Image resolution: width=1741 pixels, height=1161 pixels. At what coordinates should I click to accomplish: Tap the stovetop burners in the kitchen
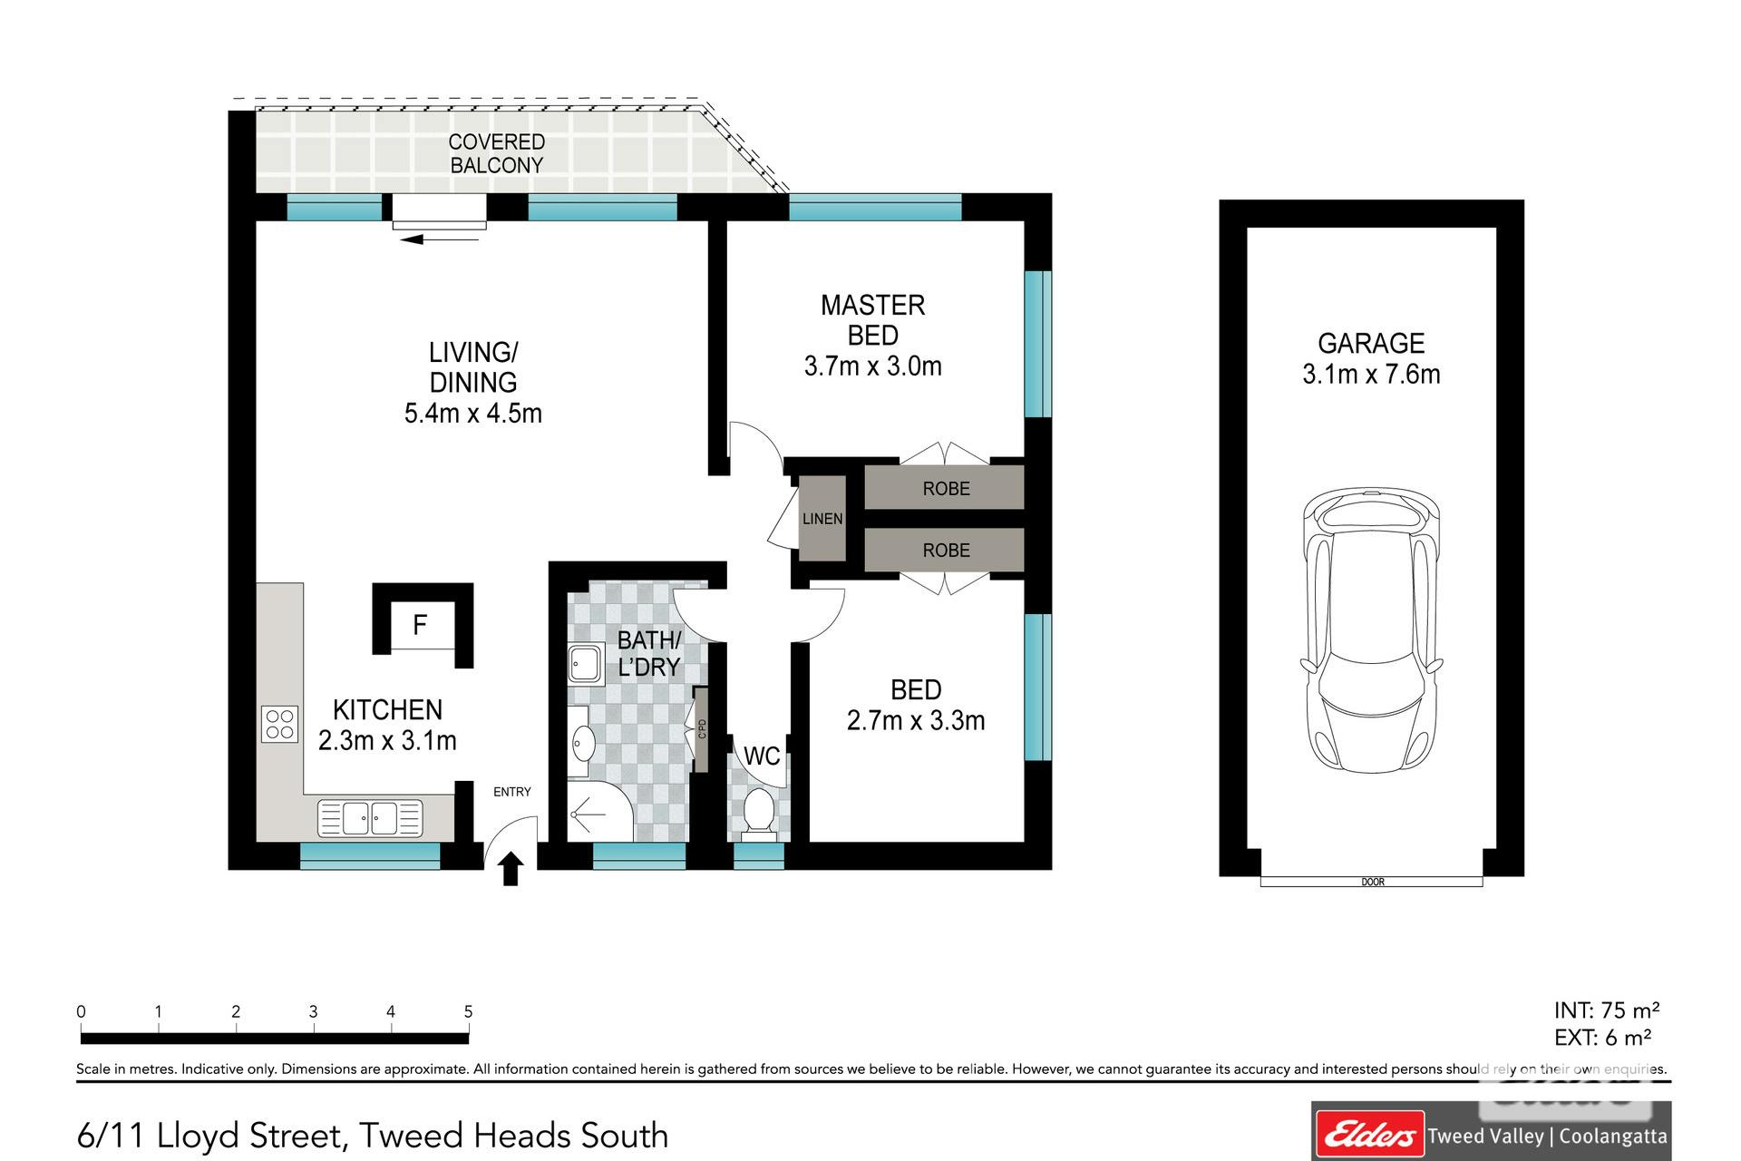tap(280, 724)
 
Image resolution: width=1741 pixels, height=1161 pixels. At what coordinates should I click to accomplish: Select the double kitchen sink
tap(370, 817)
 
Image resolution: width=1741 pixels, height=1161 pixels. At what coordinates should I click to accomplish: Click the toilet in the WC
tap(758, 810)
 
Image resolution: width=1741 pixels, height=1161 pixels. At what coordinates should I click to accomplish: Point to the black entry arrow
tap(511, 868)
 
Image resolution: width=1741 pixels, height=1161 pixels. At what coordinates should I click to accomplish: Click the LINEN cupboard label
tap(822, 519)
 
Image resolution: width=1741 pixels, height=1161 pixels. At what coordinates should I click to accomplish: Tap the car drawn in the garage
tap(1371, 630)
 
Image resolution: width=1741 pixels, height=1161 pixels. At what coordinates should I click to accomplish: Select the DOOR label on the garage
tap(1373, 882)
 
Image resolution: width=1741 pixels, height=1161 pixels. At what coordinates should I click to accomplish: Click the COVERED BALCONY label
tap(497, 153)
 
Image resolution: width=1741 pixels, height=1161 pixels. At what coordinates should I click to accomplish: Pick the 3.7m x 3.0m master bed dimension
tap(872, 366)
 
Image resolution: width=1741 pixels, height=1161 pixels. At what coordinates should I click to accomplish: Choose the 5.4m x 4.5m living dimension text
tap(473, 414)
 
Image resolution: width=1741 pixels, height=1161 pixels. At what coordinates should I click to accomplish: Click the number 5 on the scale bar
tap(468, 1011)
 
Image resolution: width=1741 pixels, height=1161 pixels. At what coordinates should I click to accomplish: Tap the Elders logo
tap(1369, 1135)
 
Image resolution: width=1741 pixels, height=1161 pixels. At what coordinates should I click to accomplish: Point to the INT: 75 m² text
tap(1607, 1010)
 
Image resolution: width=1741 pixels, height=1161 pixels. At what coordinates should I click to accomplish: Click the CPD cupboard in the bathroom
tap(701, 729)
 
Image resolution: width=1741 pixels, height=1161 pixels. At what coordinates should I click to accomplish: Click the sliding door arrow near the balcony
tap(439, 239)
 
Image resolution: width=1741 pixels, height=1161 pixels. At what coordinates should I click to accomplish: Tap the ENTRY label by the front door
tap(512, 792)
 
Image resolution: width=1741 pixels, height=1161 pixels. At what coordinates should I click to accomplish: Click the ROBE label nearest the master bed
tap(946, 489)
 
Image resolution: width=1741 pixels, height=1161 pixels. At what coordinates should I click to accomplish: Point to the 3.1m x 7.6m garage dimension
tap(1371, 374)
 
